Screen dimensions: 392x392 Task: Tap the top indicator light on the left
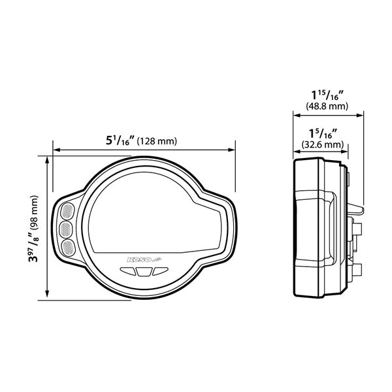point(67,212)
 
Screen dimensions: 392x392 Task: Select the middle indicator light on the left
point(67,229)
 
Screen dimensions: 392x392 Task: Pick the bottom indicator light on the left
point(67,247)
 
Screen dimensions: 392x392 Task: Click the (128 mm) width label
point(157,141)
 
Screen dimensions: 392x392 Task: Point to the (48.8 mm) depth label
point(327,105)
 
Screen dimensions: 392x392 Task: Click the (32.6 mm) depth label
point(322,144)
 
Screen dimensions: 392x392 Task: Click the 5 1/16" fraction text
point(120,140)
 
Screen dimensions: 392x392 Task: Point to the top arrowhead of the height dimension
point(46,160)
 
